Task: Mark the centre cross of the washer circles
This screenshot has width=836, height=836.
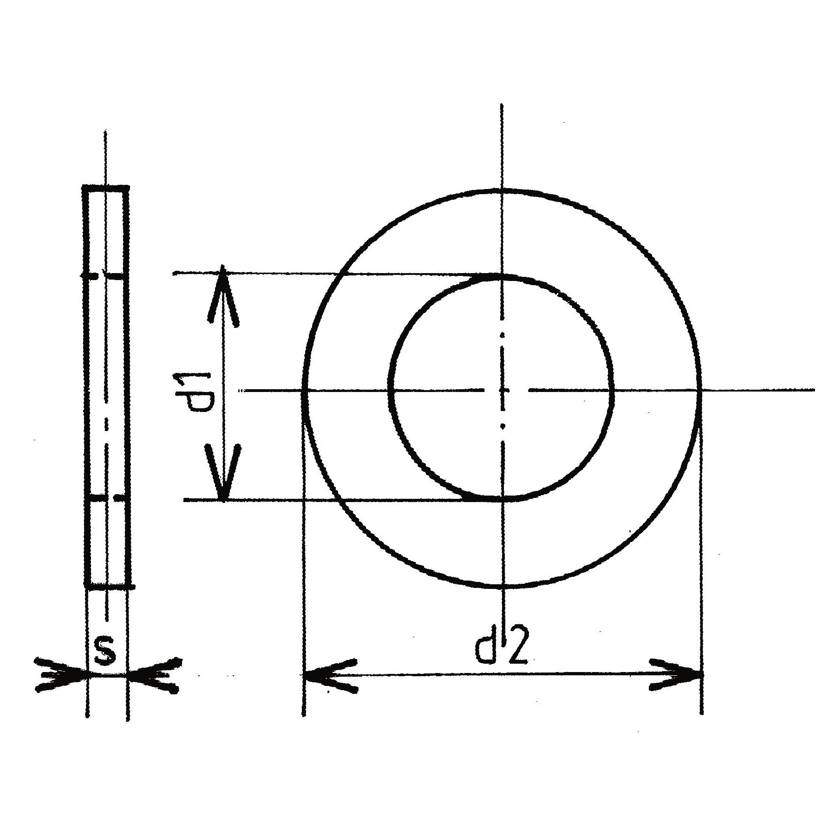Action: pos(502,391)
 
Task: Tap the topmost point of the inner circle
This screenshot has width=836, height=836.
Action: pos(502,277)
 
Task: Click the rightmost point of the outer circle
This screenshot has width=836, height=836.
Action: pos(699,391)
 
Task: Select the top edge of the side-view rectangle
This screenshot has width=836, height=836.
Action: pos(106,188)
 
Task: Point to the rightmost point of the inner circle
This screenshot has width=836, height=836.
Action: pos(612,391)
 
